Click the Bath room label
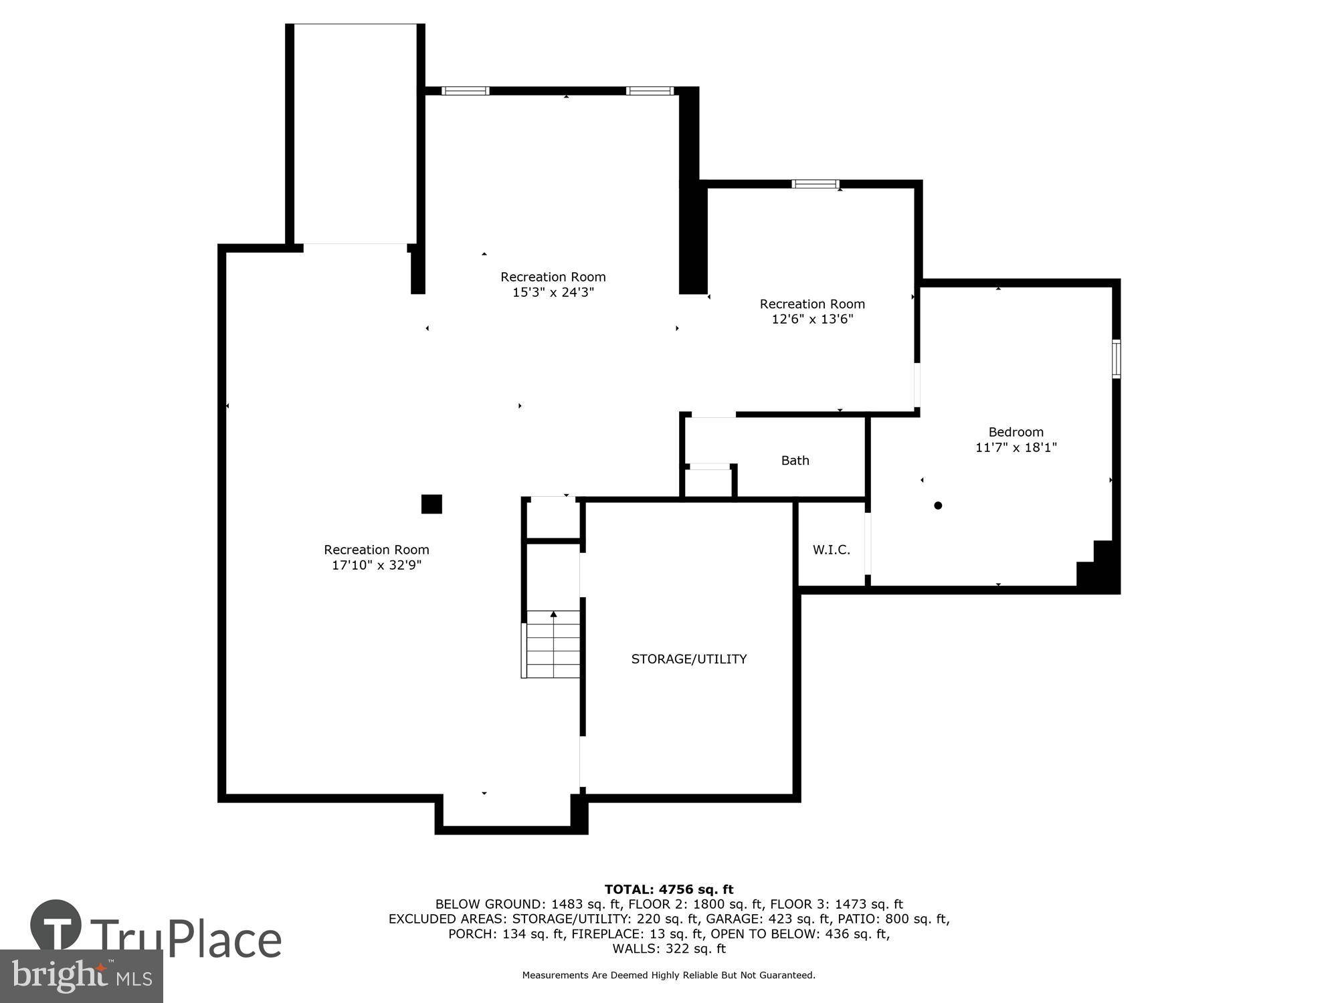795,461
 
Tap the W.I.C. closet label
832,550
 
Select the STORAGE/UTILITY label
689,659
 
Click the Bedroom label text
1016,432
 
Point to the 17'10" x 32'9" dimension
377,565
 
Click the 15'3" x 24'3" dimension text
553,292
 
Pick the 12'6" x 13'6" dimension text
812,319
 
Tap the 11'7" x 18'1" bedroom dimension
1016,447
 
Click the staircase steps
553,644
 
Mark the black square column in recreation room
432,504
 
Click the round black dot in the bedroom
938,506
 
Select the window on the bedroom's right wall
1116,359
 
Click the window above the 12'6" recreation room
815,184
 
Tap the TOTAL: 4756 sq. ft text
669,889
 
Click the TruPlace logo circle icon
56,926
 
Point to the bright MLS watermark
82,976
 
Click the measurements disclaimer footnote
669,976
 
